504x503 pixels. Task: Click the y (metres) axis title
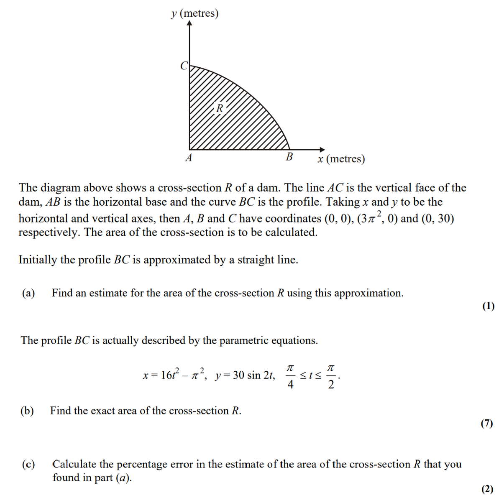point(195,13)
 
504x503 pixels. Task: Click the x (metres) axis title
point(341,159)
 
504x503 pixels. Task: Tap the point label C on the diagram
point(184,66)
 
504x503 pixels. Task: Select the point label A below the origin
point(189,158)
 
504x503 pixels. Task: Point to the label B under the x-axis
point(289,157)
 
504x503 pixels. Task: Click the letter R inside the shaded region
point(220,108)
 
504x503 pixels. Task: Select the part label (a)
point(28,293)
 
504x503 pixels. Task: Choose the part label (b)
point(27,411)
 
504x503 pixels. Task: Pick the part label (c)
point(28,464)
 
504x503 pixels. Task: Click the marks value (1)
point(488,306)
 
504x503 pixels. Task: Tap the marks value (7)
point(487,424)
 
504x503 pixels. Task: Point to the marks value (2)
point(487,489)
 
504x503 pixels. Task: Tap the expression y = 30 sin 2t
point(245,375)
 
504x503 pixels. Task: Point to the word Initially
point(38,260)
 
